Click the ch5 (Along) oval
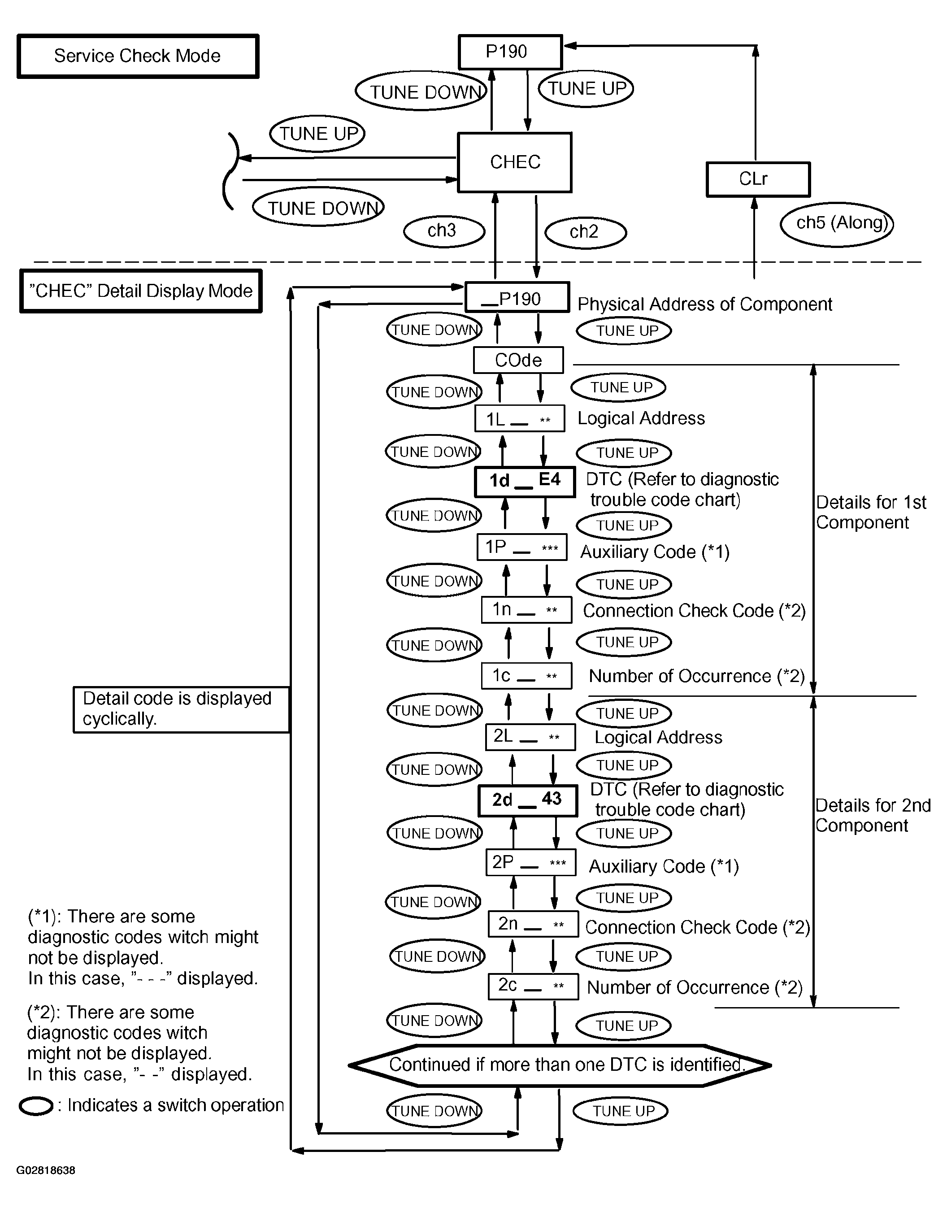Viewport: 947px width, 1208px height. coord(837,224)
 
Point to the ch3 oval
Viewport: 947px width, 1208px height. coord(444,231)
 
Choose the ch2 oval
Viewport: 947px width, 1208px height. coord(586,232)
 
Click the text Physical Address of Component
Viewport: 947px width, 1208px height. coord(705,304)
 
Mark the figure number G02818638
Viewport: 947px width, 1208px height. coord(46,1170)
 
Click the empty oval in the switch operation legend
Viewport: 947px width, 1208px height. coord(36,1107)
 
